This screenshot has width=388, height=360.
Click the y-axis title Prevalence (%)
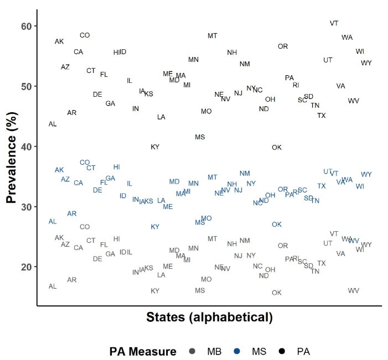12,156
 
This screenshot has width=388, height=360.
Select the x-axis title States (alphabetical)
210,317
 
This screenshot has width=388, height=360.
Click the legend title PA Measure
143,351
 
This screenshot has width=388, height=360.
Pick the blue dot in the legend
237,351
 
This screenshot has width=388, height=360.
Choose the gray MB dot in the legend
192,351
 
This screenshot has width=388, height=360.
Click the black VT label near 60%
334,23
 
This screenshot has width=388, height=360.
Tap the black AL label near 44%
53,124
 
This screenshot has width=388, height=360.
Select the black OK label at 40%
277,147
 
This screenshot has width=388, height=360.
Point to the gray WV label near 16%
354,290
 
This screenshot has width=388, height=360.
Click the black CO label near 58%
85,35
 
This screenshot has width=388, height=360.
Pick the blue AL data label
53,221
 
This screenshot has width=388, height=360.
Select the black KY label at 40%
155,147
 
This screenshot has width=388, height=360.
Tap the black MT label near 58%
213,36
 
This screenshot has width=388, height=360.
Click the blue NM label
245,174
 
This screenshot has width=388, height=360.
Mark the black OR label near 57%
283,46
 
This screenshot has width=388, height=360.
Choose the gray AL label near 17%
53,286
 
